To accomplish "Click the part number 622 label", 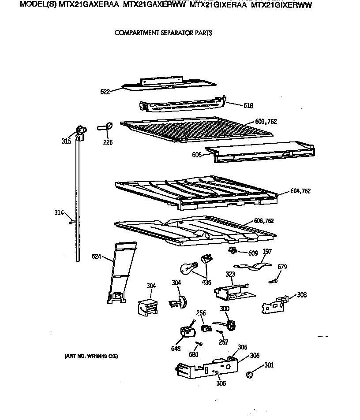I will click(x=105, y=92).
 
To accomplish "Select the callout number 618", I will click(x=248, y=106).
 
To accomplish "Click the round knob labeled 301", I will click(x=249, y=375).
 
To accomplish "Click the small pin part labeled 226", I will click(x=105, y=127).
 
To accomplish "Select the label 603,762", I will click(x=266, y=122).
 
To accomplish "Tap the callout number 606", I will click(x=197, y=155).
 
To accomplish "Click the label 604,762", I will click(x=300, y=191).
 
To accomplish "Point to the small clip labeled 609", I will click(x=232, y=251).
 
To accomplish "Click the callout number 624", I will click(x=97, y=256).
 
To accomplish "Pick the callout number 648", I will click(x=176, y=349).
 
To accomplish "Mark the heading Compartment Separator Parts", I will click(x=163, y=33).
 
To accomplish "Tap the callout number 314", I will click(x=59, y=213).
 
